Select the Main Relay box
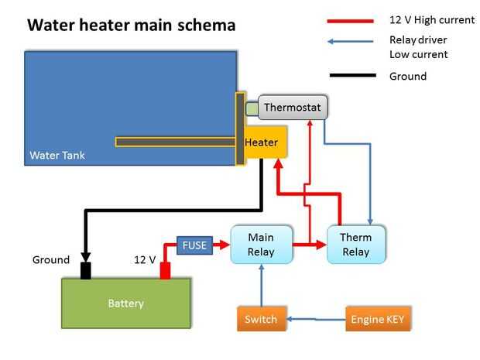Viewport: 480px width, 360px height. tap(261, 245)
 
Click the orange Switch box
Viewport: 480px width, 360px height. tap(260, 319)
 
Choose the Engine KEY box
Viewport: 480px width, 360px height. tap(376, 319)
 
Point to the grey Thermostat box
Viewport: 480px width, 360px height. tap(292, 108)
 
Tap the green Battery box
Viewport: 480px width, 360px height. tap(125, 303)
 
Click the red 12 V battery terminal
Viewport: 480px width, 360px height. tap(165, 270)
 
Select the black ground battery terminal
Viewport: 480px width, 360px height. tap(85, 270)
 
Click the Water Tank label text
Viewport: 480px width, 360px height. tap(57, 156)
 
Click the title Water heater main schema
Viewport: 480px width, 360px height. tap(132, 25)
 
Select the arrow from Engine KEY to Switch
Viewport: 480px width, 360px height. tap(316, 319)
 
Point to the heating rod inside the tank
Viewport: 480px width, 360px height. tap(175, 142)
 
